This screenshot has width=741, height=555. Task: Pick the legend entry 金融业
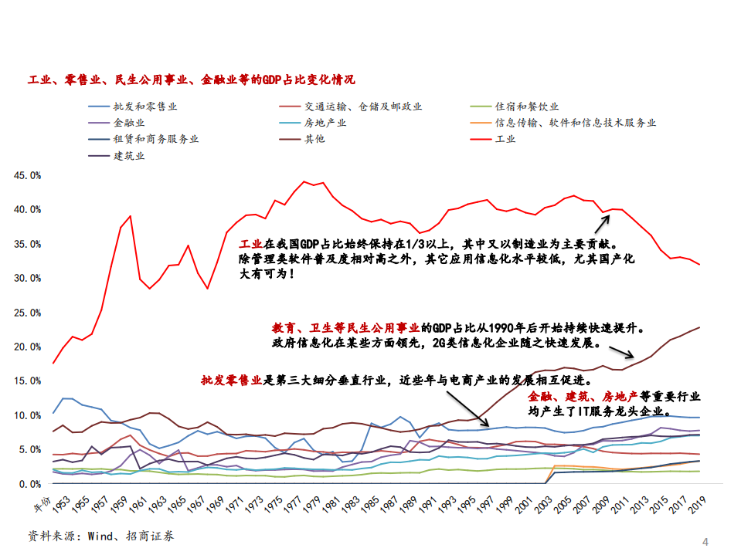[129, 123]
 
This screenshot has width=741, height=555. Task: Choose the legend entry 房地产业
[325, 123]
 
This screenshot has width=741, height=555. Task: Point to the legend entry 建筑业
[129, 155]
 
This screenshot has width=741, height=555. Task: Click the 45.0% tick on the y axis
[28, 175]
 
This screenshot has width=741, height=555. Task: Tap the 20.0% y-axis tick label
[28, 347]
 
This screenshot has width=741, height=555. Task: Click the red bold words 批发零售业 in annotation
[232, 380]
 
